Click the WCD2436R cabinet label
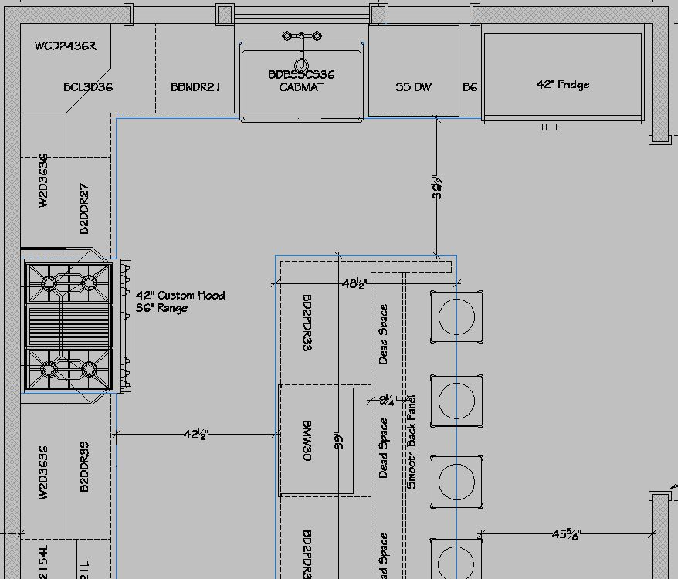pyautogui.click(x=66, y=46)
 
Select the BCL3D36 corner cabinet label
pyautogui.click(x=88, y=87)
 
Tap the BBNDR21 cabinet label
pyautogui.click(x=195, y=87)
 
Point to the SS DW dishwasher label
pyautogui.click(x=413, y=87)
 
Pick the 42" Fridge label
pyautogui.click(x=563, y=84)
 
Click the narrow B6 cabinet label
pyautogui.click(x=470, y=87)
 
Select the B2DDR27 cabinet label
pyautogui.click(x=85, y=208)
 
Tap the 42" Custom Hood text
pyautogui.click(x=181, y=295)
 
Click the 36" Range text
pyautogui.click(x=161, y=308)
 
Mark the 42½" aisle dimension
pyautogui.click(x=196, y=435)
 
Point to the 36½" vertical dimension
pyautogui.click(x=438, y=188)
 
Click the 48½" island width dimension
pyautogui.click(x=354, y=284)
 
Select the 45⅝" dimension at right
pyautogui.click(x=567, y=533)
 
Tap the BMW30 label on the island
pyautogui.click(x=307, y=442)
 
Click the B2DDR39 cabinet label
pyautogui.click(x=85, y=466)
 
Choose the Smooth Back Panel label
pyautogui.click(x=412, y=442)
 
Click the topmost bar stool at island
pyautogui.click(x=456, y=317)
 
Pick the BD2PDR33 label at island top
pyautogui.click(x=307, y=322)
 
